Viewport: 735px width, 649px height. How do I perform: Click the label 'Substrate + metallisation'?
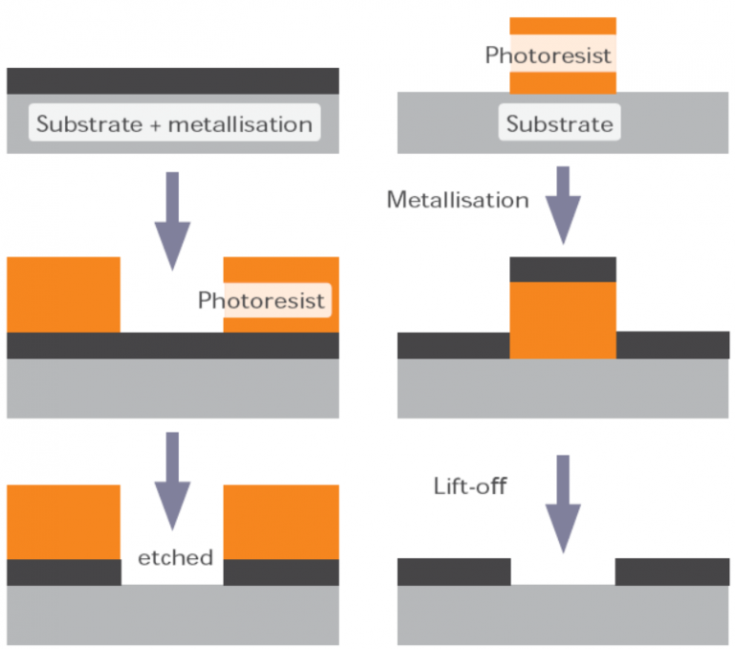pyautogui.click(x=174, y=124)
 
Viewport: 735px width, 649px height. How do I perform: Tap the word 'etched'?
pyautogui.click(x=174, y=557)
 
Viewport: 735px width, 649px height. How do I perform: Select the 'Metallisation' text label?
pyautogui.click(x=457, y=200)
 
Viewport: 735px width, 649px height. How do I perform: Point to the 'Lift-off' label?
pyautogui.click(x=469, y=487)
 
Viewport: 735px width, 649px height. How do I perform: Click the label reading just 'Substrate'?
pyautogui.click(x=560, y=124)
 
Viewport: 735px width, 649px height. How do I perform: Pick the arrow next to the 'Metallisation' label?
pyautogui.click(x=563, y=204)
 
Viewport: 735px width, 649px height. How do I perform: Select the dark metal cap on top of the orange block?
pyautogui.click(x=563, y=269)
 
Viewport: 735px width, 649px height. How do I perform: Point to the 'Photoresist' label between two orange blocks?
pyautogui.click(x=262, y=301)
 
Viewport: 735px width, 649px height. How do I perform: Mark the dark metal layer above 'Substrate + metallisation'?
pyautogui.click(x=173, y=80)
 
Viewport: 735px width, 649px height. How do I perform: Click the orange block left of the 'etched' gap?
pyautogui.click(x=64, y=522)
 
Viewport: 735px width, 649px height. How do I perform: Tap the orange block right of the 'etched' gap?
pyautogui.click(x=281, y=522)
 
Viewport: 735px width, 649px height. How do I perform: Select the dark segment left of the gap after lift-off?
pyautogui.click(x=454, y=571)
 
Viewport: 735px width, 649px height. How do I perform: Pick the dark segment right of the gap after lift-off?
pyautogui.click(x=672, y=571)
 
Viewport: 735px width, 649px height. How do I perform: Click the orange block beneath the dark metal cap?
pyautogui.click(x=563, y=320)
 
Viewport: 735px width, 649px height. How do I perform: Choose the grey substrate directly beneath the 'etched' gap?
pyautogui.click(x=173, y=614)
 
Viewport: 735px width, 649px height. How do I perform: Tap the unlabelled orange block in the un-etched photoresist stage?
pyautogui.click(x=64, y=294)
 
